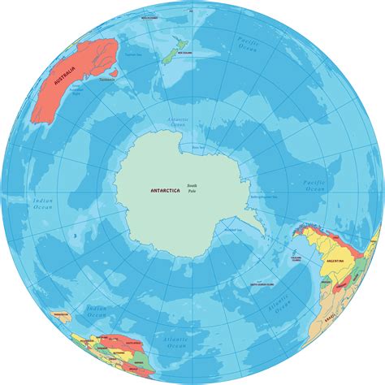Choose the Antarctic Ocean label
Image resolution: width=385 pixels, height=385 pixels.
[x=200, y=123]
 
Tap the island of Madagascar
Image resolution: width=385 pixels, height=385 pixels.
[x=83, y=322]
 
